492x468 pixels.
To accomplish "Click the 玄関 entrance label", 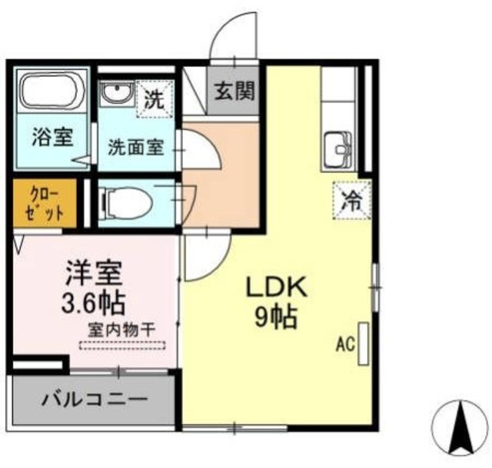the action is point(234,91).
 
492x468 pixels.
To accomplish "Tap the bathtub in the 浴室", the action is point(48,91).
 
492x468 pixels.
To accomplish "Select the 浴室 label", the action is point(53,137).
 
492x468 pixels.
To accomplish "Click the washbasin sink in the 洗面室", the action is point(117,93).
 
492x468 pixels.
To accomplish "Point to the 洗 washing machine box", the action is point(155,99).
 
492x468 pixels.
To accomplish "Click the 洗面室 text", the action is point(136,148).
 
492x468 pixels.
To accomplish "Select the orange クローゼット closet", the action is point(45,203).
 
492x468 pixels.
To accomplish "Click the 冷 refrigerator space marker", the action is point(352,200).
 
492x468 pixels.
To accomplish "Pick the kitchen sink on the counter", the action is point(337,150).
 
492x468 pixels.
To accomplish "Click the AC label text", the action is point(345,344).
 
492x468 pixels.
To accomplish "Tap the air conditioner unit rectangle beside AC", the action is point(364,344).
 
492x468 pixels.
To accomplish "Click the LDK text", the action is point(276,287).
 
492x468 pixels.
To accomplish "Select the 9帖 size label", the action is point(276,317).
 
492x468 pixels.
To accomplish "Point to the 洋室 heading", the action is point(94,274).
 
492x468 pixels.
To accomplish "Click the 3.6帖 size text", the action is point(94,304).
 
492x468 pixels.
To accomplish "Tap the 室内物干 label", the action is point(122,330).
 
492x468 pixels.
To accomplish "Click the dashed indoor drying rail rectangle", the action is point(122,345).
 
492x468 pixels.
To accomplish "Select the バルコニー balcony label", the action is point(95,400).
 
